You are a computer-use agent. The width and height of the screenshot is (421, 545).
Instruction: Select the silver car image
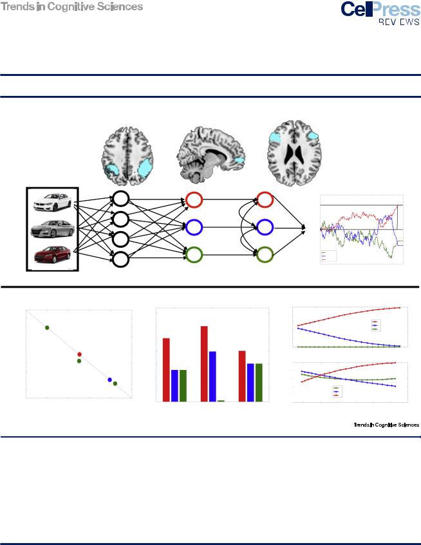pyautogui.click(x=52, y=229)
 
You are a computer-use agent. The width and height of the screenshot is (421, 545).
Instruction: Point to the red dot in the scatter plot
pyautogui.click(x=80, y=354)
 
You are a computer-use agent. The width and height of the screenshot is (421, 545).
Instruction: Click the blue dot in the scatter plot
pyautogui.click(x=110, y=380)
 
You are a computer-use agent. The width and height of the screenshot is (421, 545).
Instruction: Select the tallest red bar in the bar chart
pyautogui.click(x=204, y=364)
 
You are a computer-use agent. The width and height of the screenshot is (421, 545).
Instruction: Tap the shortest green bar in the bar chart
pyautogui.click(x=221, y=400)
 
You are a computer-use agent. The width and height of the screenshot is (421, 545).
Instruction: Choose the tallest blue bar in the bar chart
pyautogui.click(x=212, y=376)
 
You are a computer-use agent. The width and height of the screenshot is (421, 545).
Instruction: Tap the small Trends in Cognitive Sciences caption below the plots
pyautogui.click(x=386, y=425)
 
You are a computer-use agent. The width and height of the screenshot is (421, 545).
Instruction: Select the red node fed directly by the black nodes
pyautogui.click(x=194, y=199)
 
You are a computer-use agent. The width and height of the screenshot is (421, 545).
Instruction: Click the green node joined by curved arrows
pyautogui.click(x=265, y=255)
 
